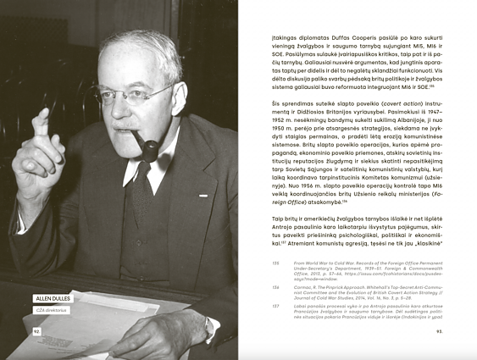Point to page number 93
coord(440,331)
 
